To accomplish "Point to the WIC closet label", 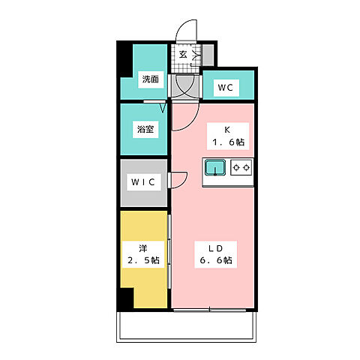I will pyautogui.click(x=144, y=182).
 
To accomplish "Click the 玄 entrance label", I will pyautogui.click(x=183, y=55).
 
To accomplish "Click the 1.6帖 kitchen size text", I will pyautogui.click(x=228, y=141).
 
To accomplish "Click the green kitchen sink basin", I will pyautogui.click(x=216, y=168).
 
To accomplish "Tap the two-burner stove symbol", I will pyautogui.click(x=241, y=168).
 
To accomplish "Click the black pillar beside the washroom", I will pyautogui.click(x=124, y=67).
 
